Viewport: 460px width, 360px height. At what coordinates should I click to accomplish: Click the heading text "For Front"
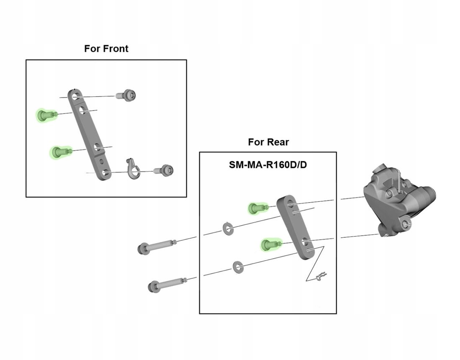pos(106,49)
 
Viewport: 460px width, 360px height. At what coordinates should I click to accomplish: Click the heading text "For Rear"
pos(268,142)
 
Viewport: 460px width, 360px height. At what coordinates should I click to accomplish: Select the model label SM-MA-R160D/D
pos(268,165)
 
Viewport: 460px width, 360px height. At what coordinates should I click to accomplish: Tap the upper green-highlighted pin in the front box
pos(45,115)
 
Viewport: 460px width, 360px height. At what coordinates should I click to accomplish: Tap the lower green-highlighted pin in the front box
pos(58,152)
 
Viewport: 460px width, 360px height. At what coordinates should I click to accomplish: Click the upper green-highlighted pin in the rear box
pos(256,207)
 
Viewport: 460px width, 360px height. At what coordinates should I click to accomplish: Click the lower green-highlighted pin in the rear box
pos(269,244)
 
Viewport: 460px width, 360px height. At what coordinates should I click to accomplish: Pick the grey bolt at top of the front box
pos(127,95)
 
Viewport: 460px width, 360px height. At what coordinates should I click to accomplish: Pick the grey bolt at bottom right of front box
pos(165,170)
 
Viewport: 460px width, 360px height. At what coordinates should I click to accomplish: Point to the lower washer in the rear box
pos(238,266)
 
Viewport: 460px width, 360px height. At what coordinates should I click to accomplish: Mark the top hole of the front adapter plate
pos(75,97)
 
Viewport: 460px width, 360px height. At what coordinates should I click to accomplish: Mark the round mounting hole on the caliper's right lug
pos(405,225)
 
